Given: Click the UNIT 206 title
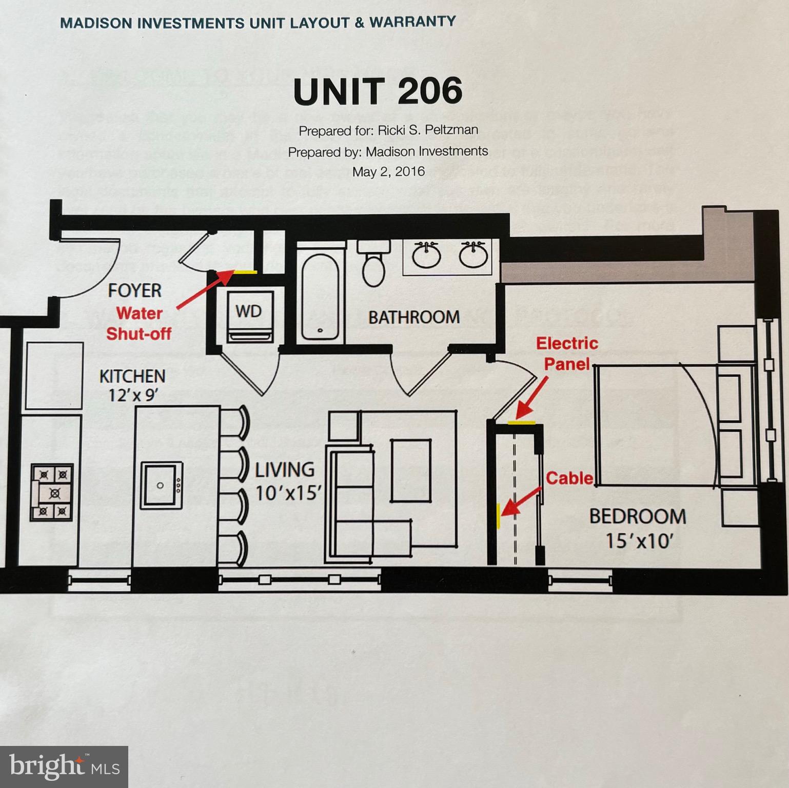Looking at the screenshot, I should (378, 91).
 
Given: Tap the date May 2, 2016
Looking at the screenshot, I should (388, 171).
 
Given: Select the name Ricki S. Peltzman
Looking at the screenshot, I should (428, 130).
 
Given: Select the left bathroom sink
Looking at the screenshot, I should (426, 255).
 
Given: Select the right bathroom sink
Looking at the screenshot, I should (472, 255).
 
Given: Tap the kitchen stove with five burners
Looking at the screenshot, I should (52, 493).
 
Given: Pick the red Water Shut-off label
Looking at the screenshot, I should (139, 323).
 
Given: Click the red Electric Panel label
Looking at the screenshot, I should (567, 353).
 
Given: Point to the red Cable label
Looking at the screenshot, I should (569, 478).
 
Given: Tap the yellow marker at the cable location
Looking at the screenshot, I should (498, 515).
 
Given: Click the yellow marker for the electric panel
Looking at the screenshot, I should (521, 423).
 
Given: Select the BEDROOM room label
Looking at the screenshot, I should (637, 516).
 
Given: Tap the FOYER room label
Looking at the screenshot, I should (134, 291).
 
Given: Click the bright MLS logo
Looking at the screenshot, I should (64, 766).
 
